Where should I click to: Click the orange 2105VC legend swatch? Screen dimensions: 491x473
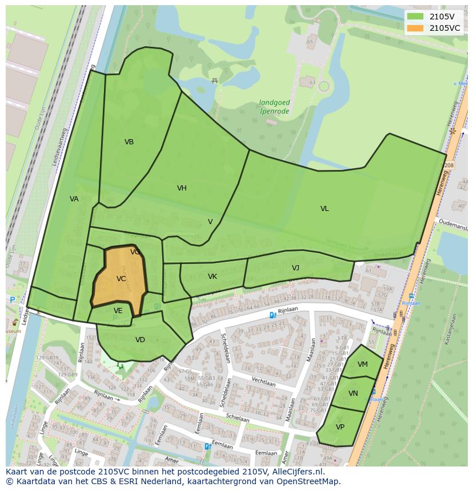pyautogui.click(x=415, y=28)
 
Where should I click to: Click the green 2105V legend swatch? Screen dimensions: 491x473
pyautogui.click(x=415, y=17)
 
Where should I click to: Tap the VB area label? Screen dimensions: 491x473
pyautogui.click(x=129, y=142)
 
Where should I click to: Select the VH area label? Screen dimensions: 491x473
pyautogui.click(x=182, y=188)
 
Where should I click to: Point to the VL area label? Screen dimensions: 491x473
pyautogui.click(x=324, y=209)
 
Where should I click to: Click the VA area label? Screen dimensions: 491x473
pyautogui.click(x=74, y=199)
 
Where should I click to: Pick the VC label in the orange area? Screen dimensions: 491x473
pyautogui.click(x=121, y=279)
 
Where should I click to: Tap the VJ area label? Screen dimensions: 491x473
pyautogui.click(x=295, y=268)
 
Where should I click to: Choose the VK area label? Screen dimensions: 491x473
pyautogui.click(x=213, y=277)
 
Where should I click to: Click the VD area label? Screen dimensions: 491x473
pyautogui.click(x=140, y=340)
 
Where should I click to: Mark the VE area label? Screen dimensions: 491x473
pyautogui.click(x=118, y=311)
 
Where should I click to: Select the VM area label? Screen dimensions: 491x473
pyautogui.click(x=363, y=364)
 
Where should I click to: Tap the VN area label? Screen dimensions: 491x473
pyautogui.click(x=353, y=393)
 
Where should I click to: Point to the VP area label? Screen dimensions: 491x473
pyautogui.click(x=340, y=427)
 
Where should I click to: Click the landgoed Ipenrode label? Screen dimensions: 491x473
pyautogui.click(x=274, y=106)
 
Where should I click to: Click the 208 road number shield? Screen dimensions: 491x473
pyautogui.click(x=448, y=165)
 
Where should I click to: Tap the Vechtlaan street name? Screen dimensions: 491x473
pyautogui.click(x=263, y=384)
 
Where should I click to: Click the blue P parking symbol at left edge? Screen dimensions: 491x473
pyautogui.click(x=12, y=299)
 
